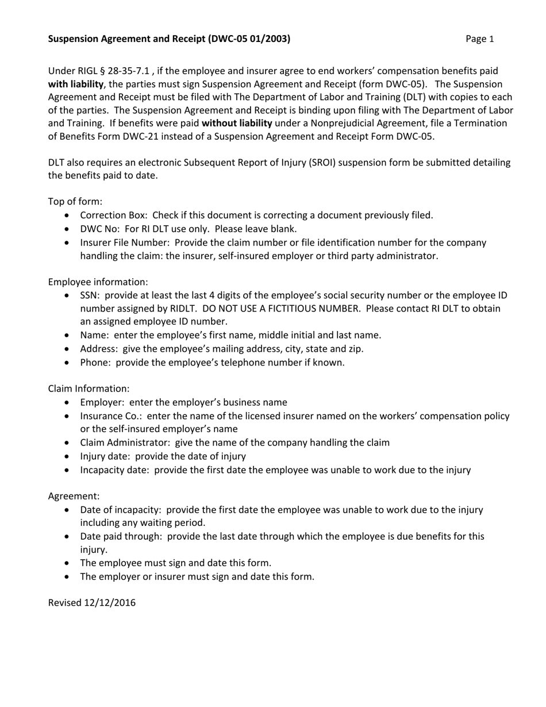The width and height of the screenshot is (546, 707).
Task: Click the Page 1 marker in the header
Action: coord(479,39)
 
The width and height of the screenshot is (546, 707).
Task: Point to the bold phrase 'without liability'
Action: coord(237,123)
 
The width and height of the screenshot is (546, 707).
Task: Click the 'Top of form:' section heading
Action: coord(75,201)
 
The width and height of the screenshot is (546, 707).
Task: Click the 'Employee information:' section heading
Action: coord(98,282)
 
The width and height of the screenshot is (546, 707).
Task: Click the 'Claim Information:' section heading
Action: coord(89,389)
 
